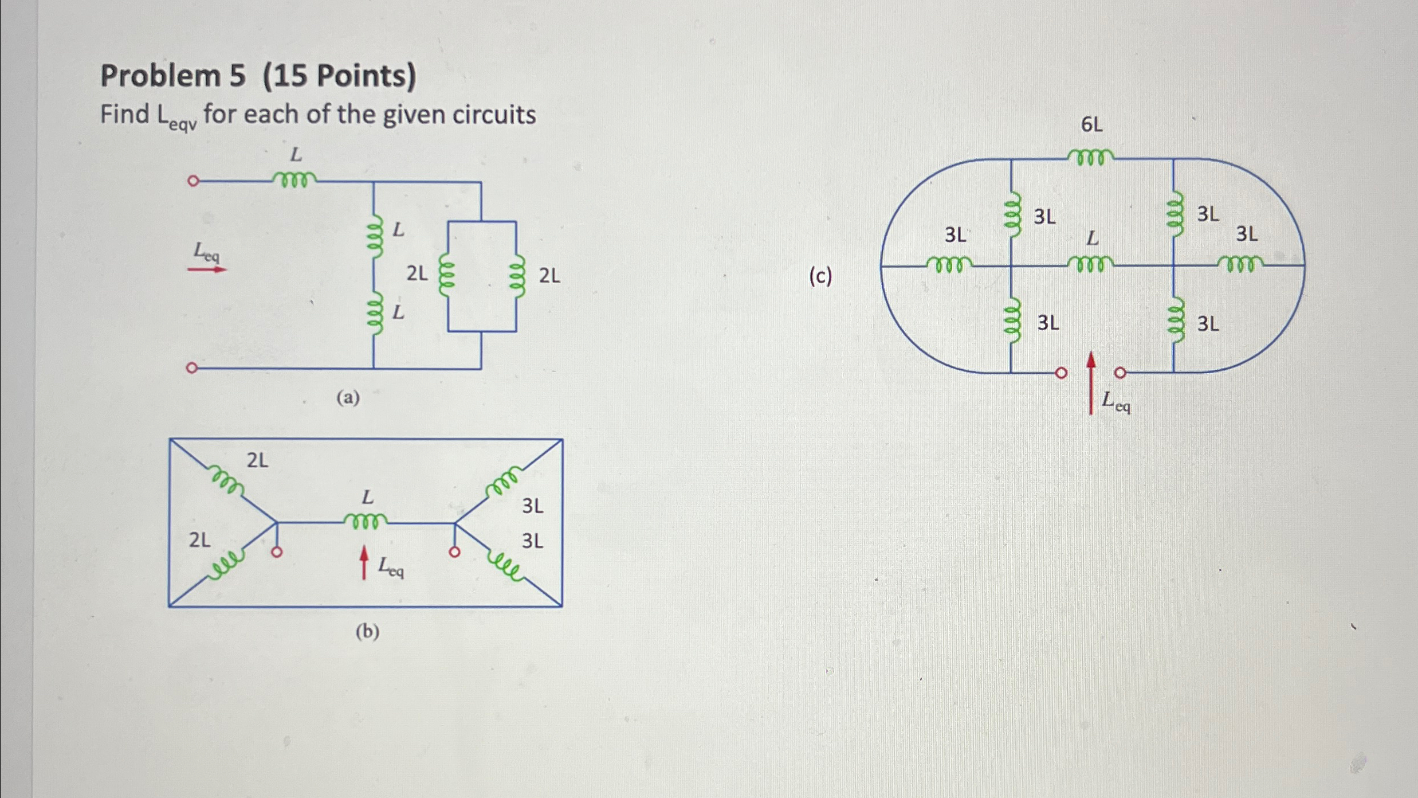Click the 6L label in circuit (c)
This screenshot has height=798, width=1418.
[1091, 124]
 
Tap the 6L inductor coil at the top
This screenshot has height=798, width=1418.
[1091, 157]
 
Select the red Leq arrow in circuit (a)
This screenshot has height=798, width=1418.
[207, 269]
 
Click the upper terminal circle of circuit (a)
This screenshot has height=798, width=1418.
[193, 181]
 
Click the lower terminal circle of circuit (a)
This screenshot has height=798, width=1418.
[192, 368]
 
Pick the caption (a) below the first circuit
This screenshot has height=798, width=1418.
[348, 397]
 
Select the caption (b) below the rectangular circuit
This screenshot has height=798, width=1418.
[367, 631]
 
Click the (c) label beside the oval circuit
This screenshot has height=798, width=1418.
[820, 276]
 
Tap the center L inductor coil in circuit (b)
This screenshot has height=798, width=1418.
[365, 521]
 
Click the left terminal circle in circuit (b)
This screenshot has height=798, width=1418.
[277, 553]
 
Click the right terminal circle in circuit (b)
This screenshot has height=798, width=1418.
[454, 553]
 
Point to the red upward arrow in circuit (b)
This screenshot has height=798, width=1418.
[364, 562]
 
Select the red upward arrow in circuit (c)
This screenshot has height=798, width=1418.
[1091, 382]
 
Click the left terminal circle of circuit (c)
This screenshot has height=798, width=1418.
[1061, 373]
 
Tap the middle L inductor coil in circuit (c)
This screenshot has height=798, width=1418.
[1091, 263]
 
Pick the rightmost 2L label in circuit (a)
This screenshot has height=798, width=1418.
[549, 276]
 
